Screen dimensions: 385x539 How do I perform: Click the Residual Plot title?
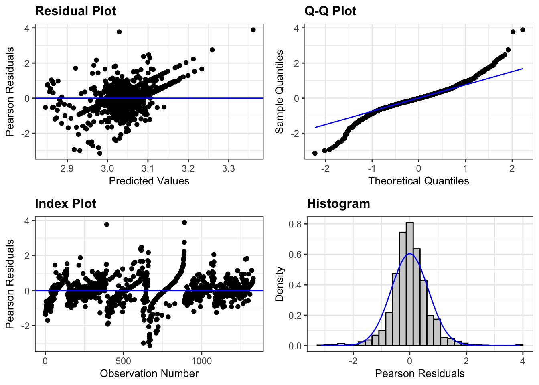(x=75, y=11)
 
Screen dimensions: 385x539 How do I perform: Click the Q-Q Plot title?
(x=330, y=11)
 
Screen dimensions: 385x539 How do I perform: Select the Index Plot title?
(x=65, y=203)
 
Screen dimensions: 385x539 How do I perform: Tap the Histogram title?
(x=338, y=203)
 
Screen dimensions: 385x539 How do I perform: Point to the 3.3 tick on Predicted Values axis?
(x=228, y=168)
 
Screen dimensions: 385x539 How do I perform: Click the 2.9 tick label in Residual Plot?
(x=67, y=168)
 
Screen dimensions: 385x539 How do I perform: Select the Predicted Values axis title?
(x=149, y=181)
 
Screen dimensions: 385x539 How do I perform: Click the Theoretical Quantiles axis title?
(x=418, y=181)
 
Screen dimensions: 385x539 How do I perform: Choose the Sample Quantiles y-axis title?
(x=280, y=92)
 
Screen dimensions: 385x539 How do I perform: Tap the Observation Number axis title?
(x=149, y=373)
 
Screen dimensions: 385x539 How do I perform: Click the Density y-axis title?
(x=280, y=284)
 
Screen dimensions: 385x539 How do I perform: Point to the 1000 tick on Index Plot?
(x=201, y=361)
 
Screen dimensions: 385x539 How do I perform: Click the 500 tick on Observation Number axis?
(x=123, y=361)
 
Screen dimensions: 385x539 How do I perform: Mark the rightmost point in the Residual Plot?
(x=253, y=30)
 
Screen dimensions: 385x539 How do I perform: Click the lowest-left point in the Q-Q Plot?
(x=315, y=153)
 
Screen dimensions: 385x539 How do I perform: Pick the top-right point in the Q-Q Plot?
(x=523, y=30)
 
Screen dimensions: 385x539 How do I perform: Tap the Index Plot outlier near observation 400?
(x=107, y=224)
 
